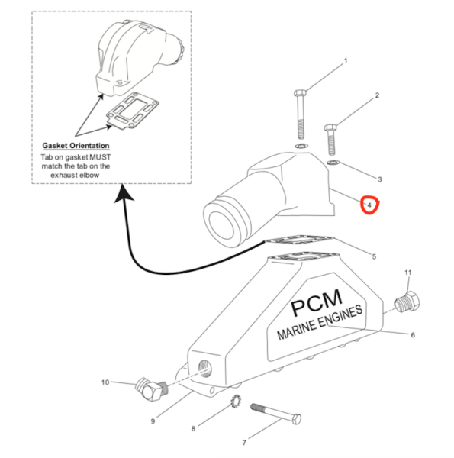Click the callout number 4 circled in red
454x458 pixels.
(x=369, y=205)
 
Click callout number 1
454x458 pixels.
(x=346, y=61)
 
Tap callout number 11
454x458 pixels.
(x=408, y=273)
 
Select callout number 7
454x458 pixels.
(x=244, y=443)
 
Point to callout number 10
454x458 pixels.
(x=105, y=382)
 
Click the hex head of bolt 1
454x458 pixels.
(x=300, y=93)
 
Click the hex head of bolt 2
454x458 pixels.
(x=331, y=127)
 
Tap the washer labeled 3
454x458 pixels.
(x=333, y=163)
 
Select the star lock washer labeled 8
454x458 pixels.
(x=235, y=402)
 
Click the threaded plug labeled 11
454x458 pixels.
(x=407, y=302)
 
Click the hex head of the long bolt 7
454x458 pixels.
(x=296, y=419)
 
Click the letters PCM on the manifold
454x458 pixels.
(x=317, y=302)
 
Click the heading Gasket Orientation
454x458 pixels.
(x=76, y=146)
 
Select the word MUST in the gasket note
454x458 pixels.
(x=100, y=157)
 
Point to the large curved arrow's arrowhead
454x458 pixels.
(x=124, y=193)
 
